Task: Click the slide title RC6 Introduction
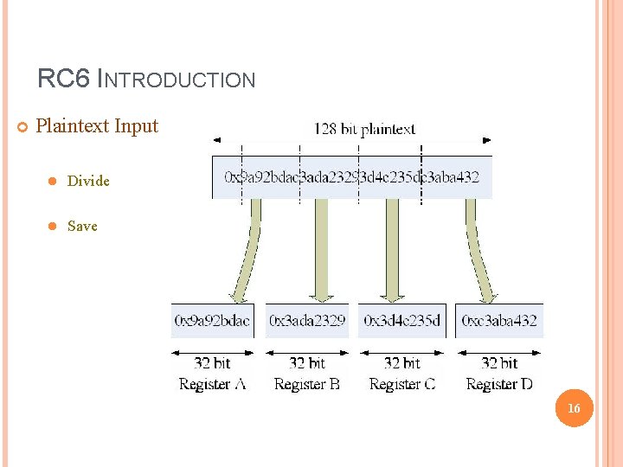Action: pyautogui.click(x=146, y=80)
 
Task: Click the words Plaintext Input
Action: pyautogui.click(x=97, y=126)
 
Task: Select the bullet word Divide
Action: pyautogui.click(x=88, y=181)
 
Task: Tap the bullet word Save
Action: pyautogui.click(x=82, y=226)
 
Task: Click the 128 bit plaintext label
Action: pyautogui.click(x=364, y=130)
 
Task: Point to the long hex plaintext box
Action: pyautogui.click(x=351, y=177)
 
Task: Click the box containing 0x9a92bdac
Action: pyautogui.click(x=213, y=320)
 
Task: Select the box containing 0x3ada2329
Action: pyautogui.click(x=307, y=320)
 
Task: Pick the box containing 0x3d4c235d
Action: pyautogui.click(x=401, y=320)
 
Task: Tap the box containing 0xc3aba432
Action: pyautogui.click(x=499, y=320)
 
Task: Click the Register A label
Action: pyautogui.click(x=213, y=384)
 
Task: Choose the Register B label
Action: pyautogui.click(x=307, y=384)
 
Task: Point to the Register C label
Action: pyautogui.click(x=401, y=384)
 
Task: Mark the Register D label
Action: pyautogui.click(x=499, y=384)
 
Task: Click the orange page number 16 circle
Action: pyautogui.click(x=573, y=407)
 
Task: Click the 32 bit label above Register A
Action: pyautogui.click(x=213, y=363)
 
